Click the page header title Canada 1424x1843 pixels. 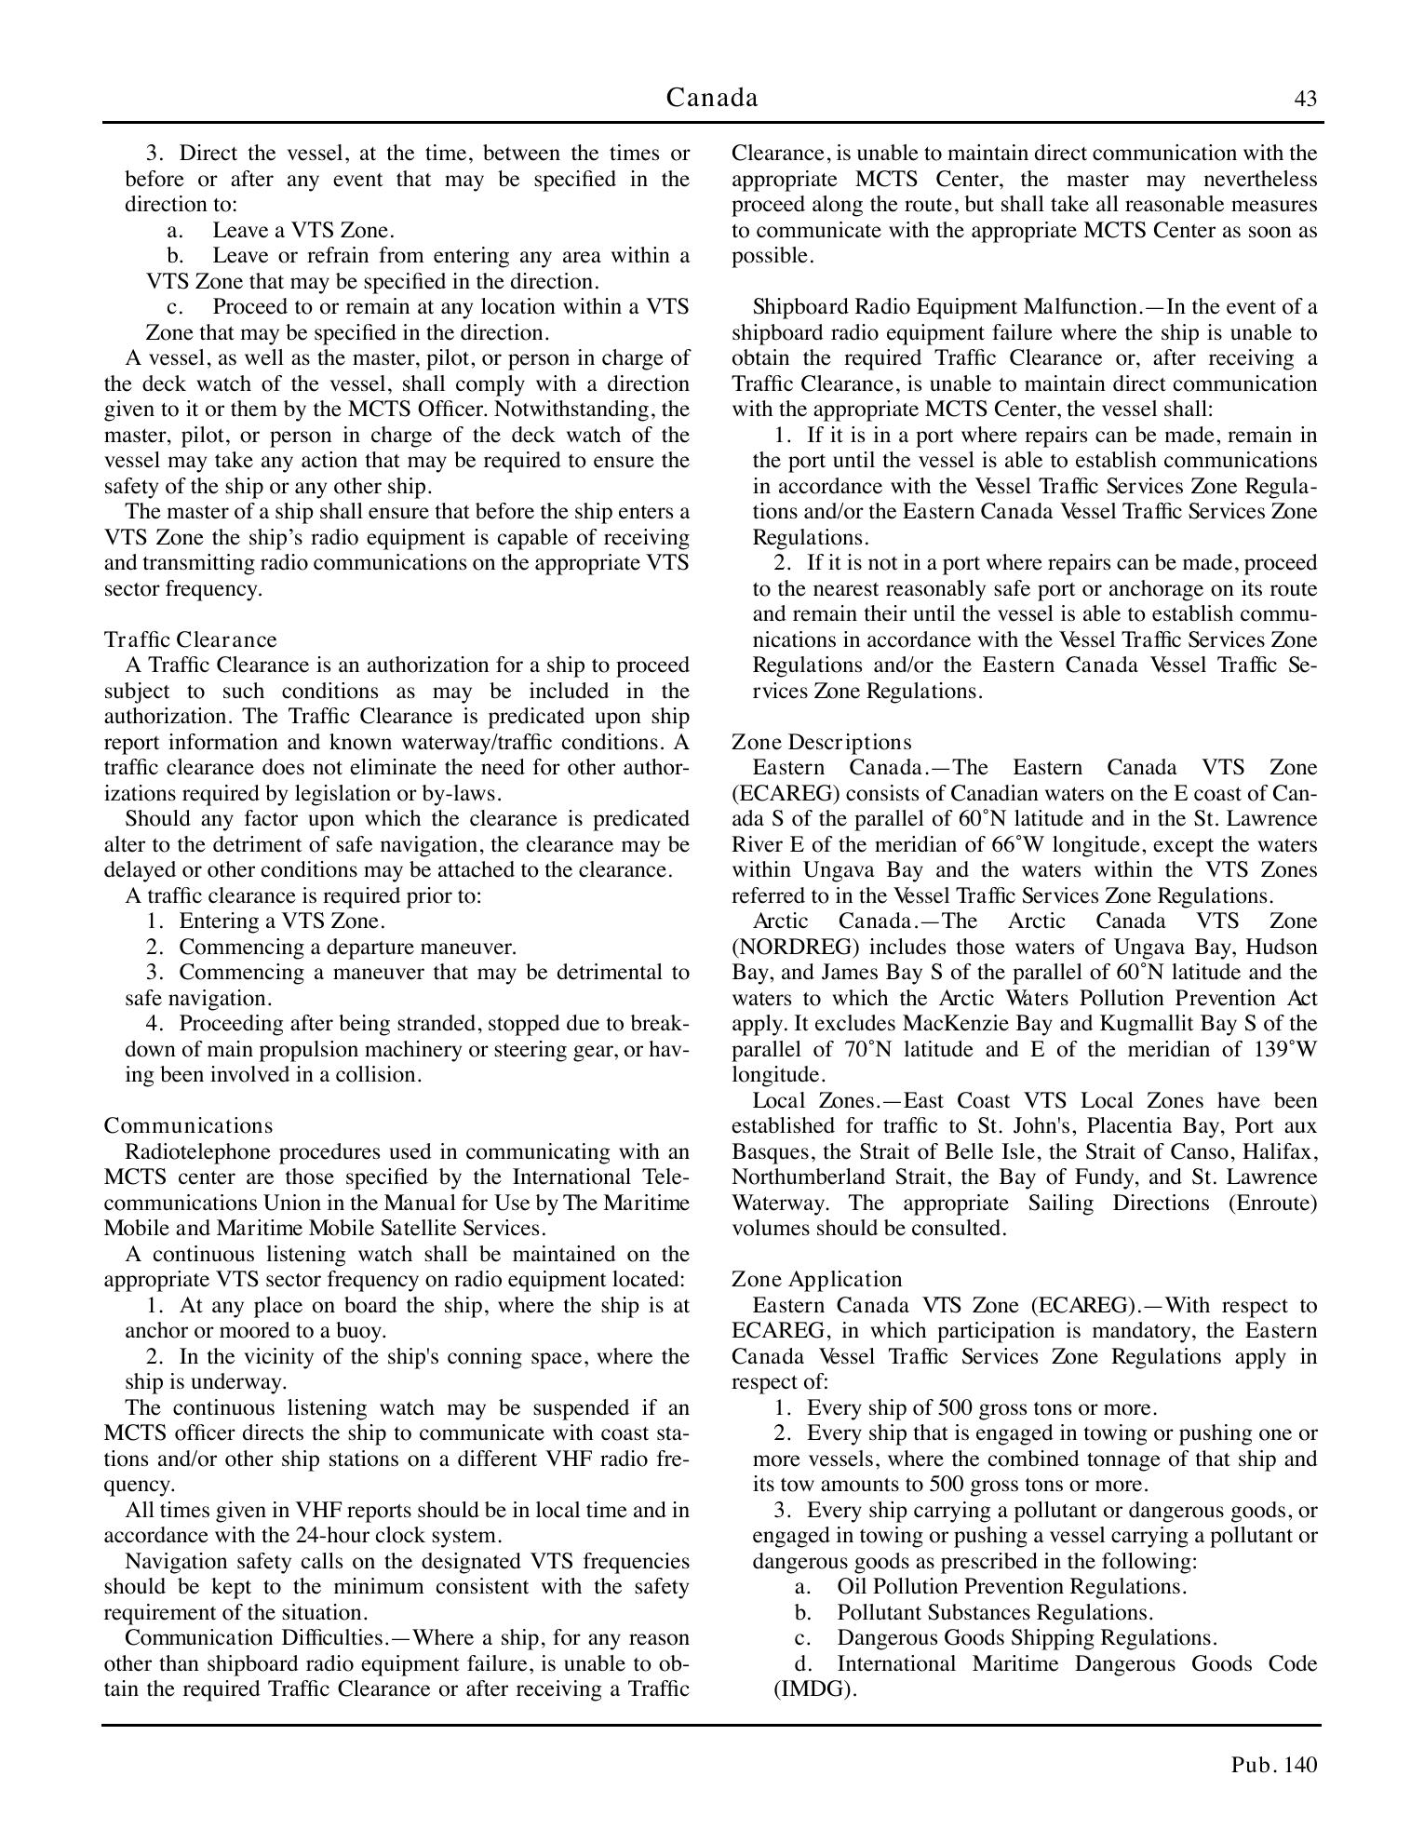click(x=712, y=98)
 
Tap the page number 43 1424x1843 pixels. click(x=1306, y=99)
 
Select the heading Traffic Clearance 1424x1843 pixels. click(x=191, y=639)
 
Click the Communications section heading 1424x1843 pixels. click(x=189, y=1125)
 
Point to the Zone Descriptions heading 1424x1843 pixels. click(x=821, y=742)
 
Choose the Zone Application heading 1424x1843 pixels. click(x=817, y=1279)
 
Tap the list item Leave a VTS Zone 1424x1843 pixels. click(x=302, y=230)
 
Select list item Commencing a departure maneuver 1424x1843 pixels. click(x=347, y=947)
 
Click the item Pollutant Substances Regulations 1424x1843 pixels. click(x=995, y=1611)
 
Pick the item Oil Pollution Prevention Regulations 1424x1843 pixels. click(x=1012, y=1586)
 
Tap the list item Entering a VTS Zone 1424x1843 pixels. click(x=282, y=921)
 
